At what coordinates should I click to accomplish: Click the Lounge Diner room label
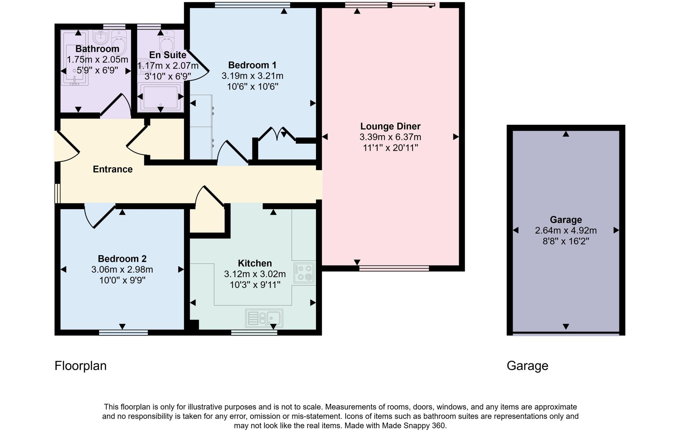pos(390,126)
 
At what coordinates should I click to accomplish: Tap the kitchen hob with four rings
pos(304,273)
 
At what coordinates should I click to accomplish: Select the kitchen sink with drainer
pos(264,318)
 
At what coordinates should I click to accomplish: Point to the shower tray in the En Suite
pos(161,97)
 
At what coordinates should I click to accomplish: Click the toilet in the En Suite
pos(167,42)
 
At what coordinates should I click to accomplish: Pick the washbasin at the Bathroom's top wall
pos(100,38)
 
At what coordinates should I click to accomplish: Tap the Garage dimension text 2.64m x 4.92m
pos(566,230)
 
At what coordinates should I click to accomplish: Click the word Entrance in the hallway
pos(113,169)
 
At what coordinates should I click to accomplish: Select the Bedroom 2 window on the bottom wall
pos(123,333)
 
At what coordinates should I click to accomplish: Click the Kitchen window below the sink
pos(254,333)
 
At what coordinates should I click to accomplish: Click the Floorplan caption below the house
pos(80,366)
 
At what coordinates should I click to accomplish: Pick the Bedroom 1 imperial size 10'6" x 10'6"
pos(252,87)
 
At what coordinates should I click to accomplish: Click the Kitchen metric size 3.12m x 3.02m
pos(255,274)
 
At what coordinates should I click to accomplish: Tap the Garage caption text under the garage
pos(527,366)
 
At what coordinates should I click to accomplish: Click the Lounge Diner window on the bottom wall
pos(394,268)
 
